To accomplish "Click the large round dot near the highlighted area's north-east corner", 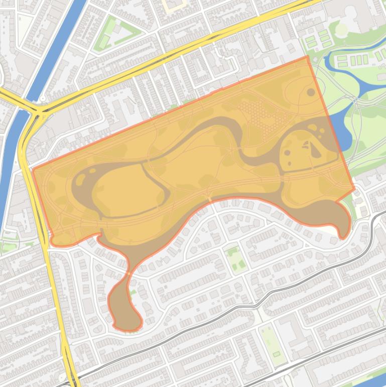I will click(x=311, y=92).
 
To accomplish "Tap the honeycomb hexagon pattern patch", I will click(x=261, y=115).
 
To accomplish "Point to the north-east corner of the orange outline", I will click(x=307, y=57).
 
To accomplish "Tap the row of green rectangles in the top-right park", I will click(x=354, y=60).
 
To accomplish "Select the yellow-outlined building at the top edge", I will click(x=176, y=5).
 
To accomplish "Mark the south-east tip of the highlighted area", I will click(x=343, y=236).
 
